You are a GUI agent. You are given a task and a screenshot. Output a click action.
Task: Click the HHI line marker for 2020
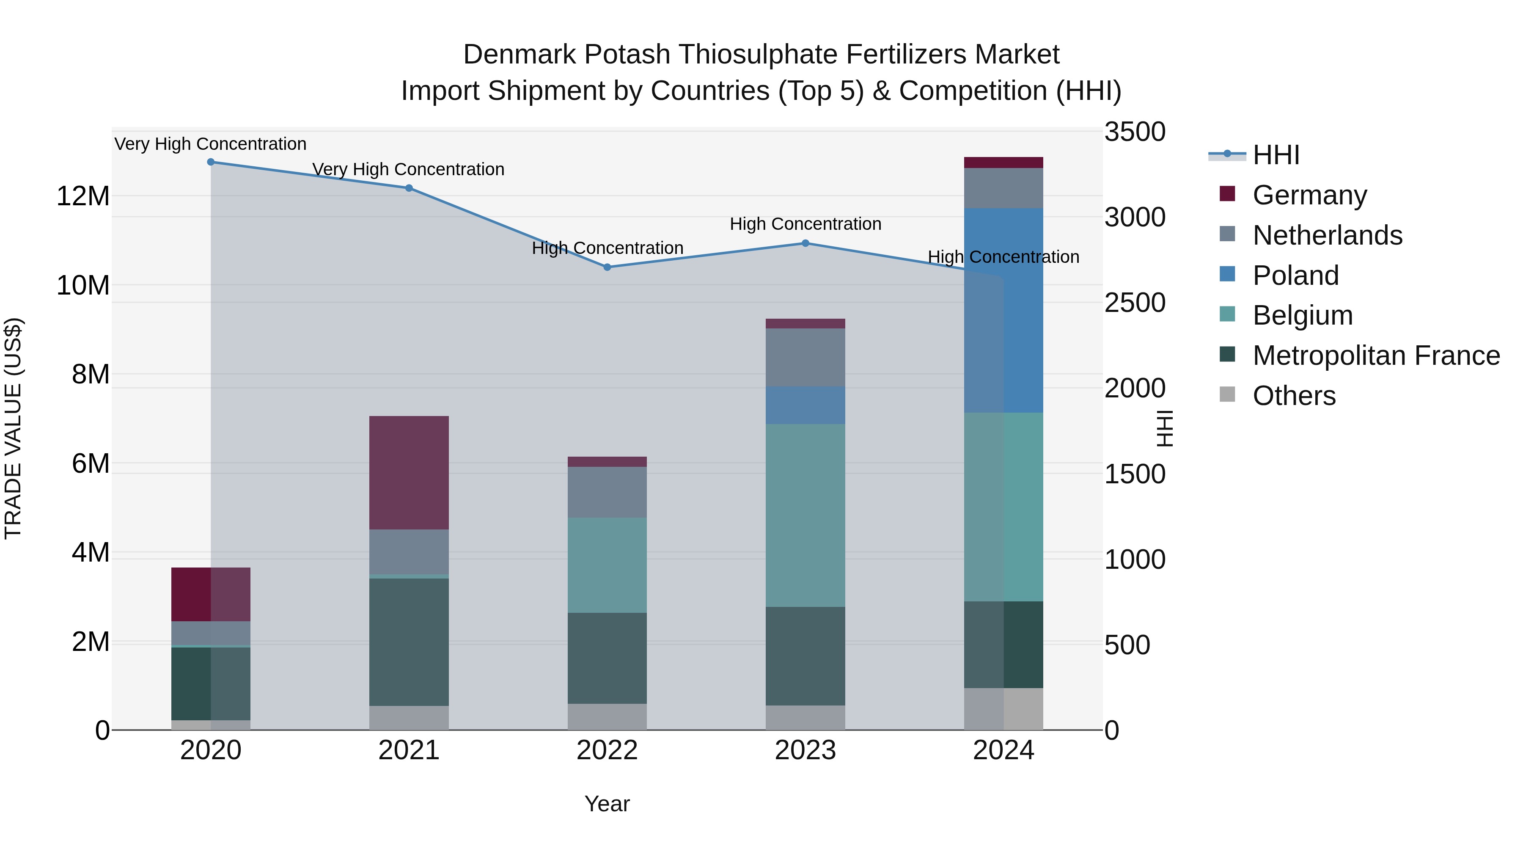click(211, 162)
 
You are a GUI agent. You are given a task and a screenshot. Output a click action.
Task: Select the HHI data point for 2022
click(607, 267)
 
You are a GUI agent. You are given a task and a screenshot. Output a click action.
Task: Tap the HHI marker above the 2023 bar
click(805, 243)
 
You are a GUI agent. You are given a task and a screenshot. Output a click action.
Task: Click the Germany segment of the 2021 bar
click(409, 473)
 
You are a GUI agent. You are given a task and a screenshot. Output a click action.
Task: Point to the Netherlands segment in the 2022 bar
click(607, 492)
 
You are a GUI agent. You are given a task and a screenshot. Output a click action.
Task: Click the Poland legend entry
click(1295, 276)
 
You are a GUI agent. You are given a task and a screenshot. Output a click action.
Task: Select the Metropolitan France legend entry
click(1375, 356)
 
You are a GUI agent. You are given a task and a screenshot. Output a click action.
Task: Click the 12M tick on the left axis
click(83, 196)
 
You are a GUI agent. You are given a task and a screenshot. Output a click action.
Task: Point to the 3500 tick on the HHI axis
click(1134, 132)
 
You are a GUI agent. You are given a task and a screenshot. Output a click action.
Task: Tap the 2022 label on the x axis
click(607, 750)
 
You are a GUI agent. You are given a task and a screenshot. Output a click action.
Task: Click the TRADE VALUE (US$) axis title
click(14, 428)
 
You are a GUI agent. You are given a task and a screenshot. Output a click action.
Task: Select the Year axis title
click(607, 804)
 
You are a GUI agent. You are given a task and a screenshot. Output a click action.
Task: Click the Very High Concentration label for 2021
click(409, 169)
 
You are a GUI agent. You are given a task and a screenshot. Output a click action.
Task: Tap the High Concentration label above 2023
click(805, 224)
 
